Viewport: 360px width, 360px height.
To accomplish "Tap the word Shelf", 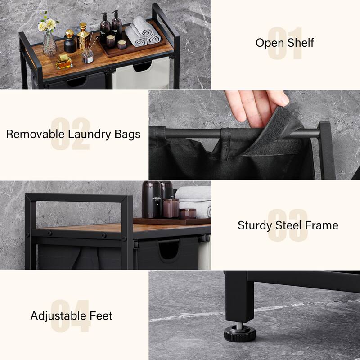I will coord(300,43).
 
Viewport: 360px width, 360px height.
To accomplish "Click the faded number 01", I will coord(285,44).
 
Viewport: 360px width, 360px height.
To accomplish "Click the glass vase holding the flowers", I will coord(49,45).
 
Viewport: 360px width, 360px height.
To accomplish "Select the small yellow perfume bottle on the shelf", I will coord(64,62).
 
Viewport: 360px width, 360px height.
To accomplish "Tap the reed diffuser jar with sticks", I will coord(87,55).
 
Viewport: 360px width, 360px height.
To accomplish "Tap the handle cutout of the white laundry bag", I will coord(142,67).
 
